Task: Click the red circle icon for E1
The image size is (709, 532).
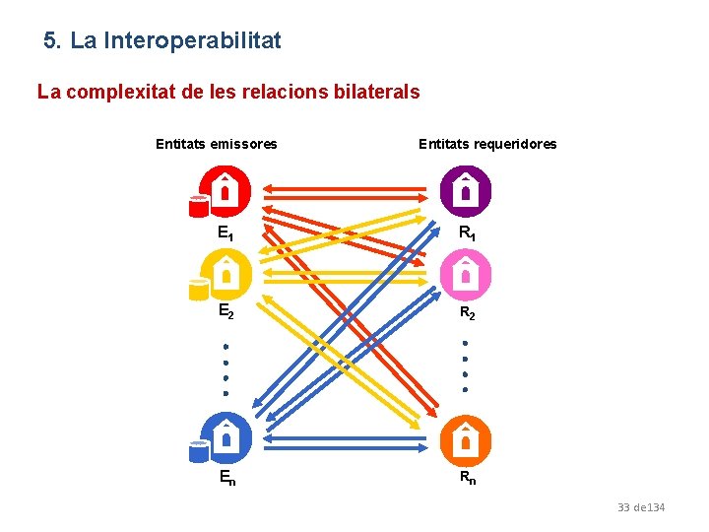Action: tap(226, 190)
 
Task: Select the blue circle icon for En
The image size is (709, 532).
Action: tap(226, 436)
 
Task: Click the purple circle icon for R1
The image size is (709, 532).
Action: tap(466, 190)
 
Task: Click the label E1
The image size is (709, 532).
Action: tap(226, 234)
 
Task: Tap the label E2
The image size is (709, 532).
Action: tap(226, 313)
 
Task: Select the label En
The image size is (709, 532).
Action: tap(226, 479)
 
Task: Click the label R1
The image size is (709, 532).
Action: tap(467, 234)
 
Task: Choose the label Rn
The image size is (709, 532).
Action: tap(467, 479)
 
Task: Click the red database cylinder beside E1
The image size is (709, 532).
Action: tap(199, 205)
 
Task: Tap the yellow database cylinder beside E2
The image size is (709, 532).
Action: tap(199, 289)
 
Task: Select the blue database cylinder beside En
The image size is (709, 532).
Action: tap(199, 451)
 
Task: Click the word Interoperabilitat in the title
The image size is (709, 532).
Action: tap(192, 40)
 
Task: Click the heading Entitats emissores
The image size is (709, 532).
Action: tap(217, 144)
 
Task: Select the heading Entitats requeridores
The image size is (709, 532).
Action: tap(487, 144)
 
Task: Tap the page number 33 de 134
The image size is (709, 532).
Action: tap(641, 507)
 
